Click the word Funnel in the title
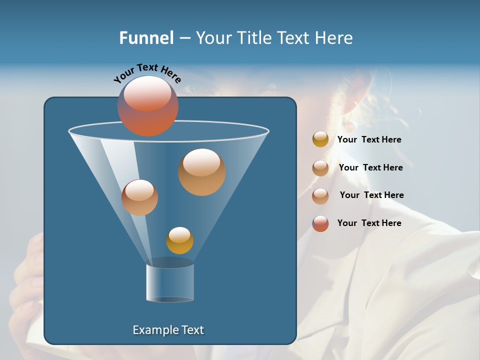[x=146, y=37]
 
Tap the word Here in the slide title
[x=334, y=37]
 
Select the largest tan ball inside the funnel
[x=202, y=173]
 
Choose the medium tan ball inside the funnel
[x=139, y=198]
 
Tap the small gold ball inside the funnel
[x=179, y=241]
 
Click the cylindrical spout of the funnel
[x=170, y=282]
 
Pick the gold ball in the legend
[x=320, y=139]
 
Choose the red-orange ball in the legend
[x=320, y=223]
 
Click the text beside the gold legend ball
[x=369, y=139]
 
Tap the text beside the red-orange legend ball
[x=369, y=223]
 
